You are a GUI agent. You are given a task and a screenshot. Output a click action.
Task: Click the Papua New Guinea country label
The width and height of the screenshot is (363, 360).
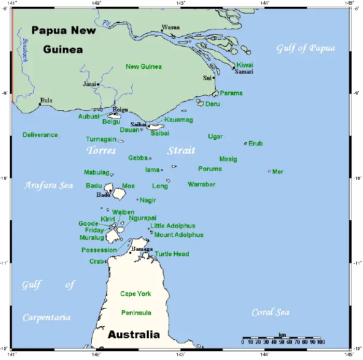coord(63,40)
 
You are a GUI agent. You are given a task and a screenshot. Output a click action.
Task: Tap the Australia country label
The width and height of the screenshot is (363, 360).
coord(133,335)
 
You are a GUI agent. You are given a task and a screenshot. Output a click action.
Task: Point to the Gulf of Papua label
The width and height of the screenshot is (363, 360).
coord(306,49)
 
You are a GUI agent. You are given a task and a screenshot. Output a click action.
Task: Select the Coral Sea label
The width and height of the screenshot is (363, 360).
coord(270,312)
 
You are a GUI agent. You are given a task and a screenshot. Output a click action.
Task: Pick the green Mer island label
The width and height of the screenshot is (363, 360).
coord(277,171)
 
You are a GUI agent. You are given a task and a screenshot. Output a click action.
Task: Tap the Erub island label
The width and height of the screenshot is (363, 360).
coord(256,143)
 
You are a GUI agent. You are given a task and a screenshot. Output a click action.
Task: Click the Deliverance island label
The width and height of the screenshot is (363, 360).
coord(40,135)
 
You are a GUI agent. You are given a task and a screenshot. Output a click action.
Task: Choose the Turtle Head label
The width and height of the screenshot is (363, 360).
coord(172,254)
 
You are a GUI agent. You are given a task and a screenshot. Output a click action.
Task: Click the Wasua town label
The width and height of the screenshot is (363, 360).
coord(171,27)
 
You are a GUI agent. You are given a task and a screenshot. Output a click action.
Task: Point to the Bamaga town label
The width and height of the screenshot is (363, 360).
coord(142,249)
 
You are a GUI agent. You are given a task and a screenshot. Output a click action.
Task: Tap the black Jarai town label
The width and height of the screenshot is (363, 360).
coord(90,83)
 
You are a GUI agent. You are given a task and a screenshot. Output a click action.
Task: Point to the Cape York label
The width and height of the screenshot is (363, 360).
coord(135,294)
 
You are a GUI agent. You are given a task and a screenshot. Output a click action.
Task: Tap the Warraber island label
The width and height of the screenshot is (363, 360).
coord(201,184)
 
